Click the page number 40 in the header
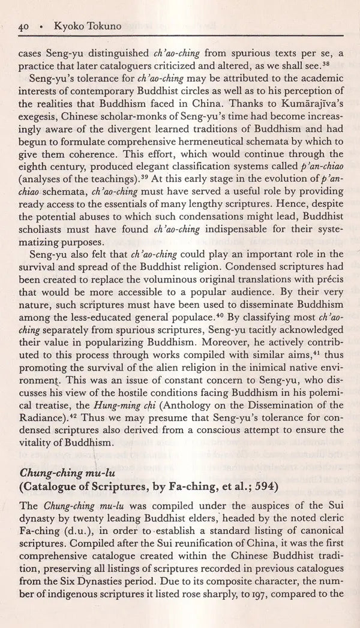coord(25,27)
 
